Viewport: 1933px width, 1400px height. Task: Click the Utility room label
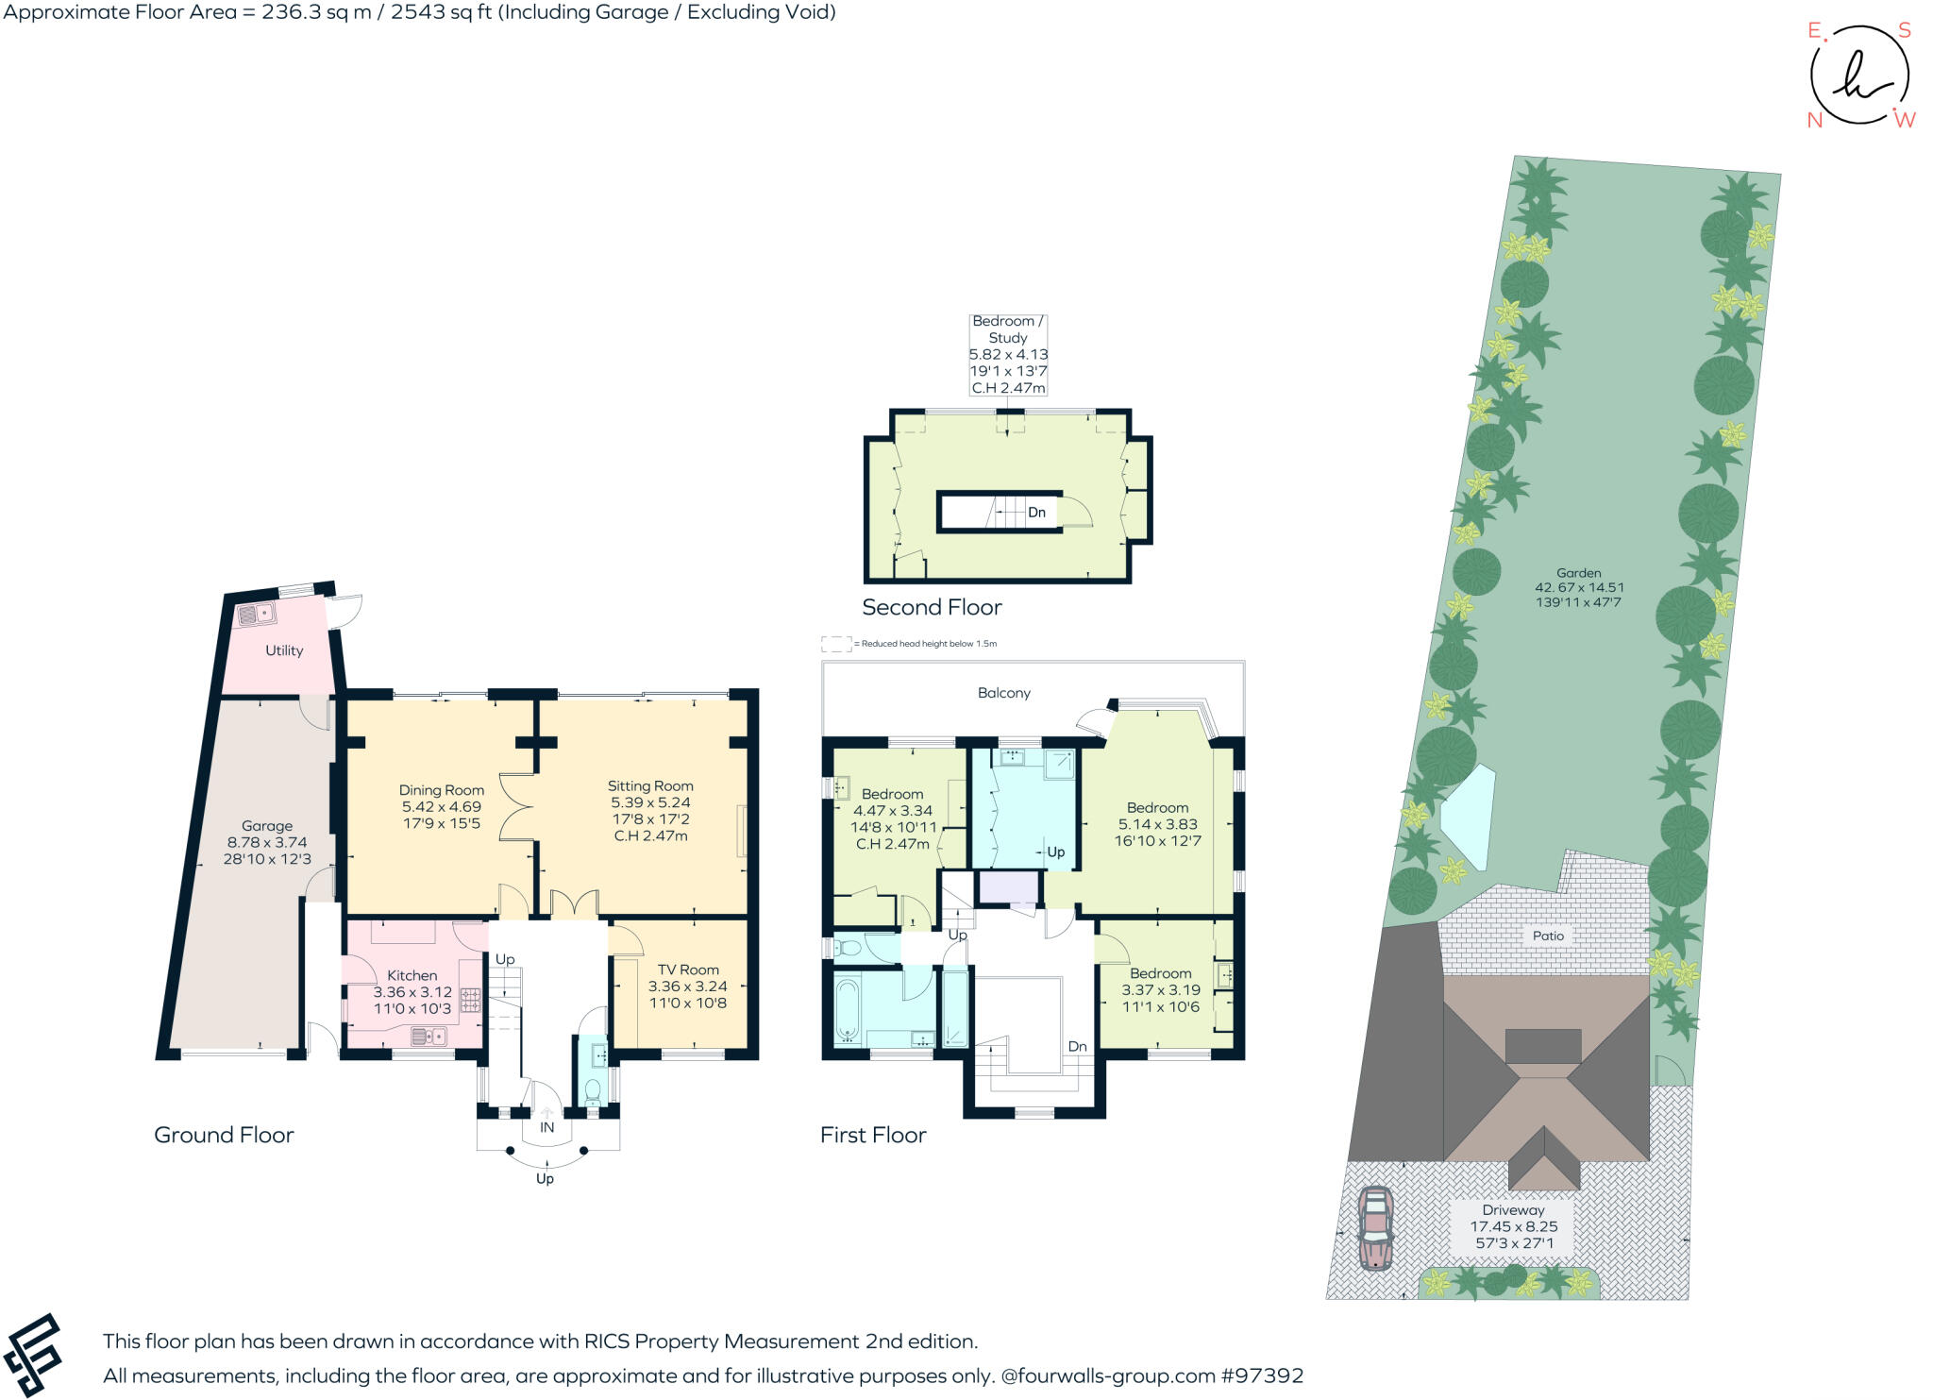(x=284, y=650)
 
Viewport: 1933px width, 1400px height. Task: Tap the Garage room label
(x=267, y=826)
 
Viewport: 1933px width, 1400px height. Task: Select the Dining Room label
(x=441, y=790)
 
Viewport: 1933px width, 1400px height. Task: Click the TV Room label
(x=688, y=970)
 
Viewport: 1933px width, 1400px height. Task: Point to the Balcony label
(x=1003, y=693)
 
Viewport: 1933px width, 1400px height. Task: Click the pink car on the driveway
(x=1376, y=1227)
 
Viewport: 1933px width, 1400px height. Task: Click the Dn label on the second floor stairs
(x=1036, y=513)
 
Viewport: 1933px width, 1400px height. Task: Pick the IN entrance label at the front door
(x=546, y=1127)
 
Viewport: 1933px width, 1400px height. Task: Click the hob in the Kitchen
(x=470, y=1001)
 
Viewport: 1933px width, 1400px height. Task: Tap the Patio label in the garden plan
(x=1548, y=936)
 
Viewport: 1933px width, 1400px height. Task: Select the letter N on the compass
(x=1814, y=120)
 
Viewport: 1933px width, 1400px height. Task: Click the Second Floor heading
(x=932, y=607)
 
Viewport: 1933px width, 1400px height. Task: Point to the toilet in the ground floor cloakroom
(x=594, y=1093)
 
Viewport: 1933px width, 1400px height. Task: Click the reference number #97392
(x=1262, y=1375)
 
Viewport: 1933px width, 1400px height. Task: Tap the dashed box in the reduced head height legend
(x=836, y=644)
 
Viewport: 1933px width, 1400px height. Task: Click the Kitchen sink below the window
(x=429, y=1037)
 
